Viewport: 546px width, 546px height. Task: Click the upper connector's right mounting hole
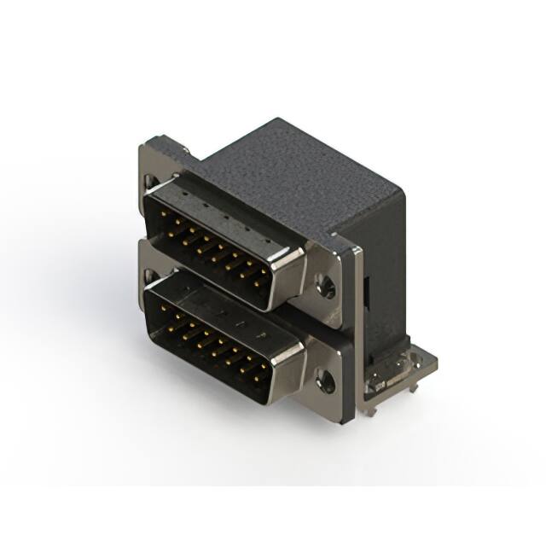click(325, 288)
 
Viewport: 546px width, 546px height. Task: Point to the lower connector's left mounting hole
click(150, 275)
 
